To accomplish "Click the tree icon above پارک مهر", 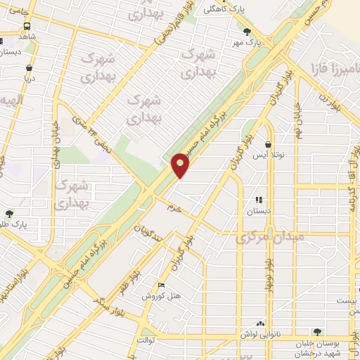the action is click(246, 32).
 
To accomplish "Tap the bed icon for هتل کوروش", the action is click(162, 285).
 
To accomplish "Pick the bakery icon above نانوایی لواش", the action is click(260, 323).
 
